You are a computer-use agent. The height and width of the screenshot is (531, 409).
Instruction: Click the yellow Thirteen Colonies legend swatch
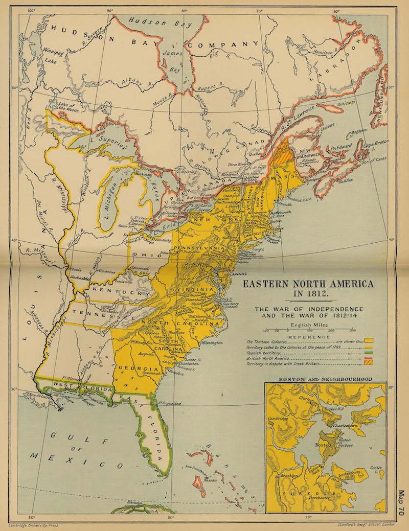pos(368,340)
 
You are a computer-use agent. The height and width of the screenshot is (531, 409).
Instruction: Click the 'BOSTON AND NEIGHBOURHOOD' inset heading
pos(325,379)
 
